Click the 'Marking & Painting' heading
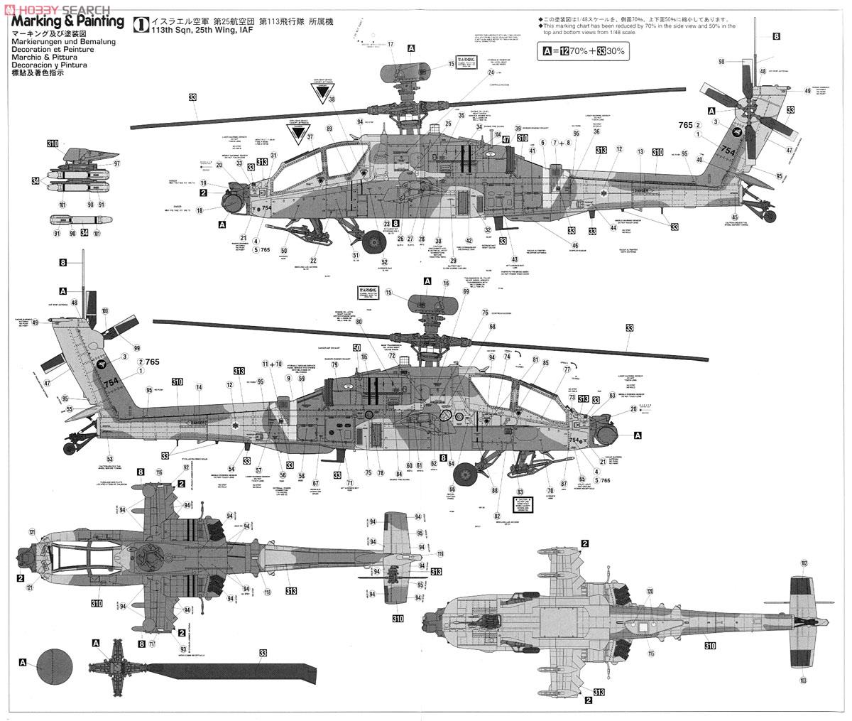[x=68, y=23]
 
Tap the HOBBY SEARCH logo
[x=57, y=8]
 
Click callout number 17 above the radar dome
[x=390, y=44]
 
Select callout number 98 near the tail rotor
[x=721, y=62]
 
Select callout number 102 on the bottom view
[x=804, y=563]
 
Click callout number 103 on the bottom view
[x=804, y=680]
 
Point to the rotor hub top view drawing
[x=114, y=669]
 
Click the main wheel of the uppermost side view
[x=373, y=243]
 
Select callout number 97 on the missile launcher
[x=117, y=164]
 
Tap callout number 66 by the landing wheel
[x=452, y=489]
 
